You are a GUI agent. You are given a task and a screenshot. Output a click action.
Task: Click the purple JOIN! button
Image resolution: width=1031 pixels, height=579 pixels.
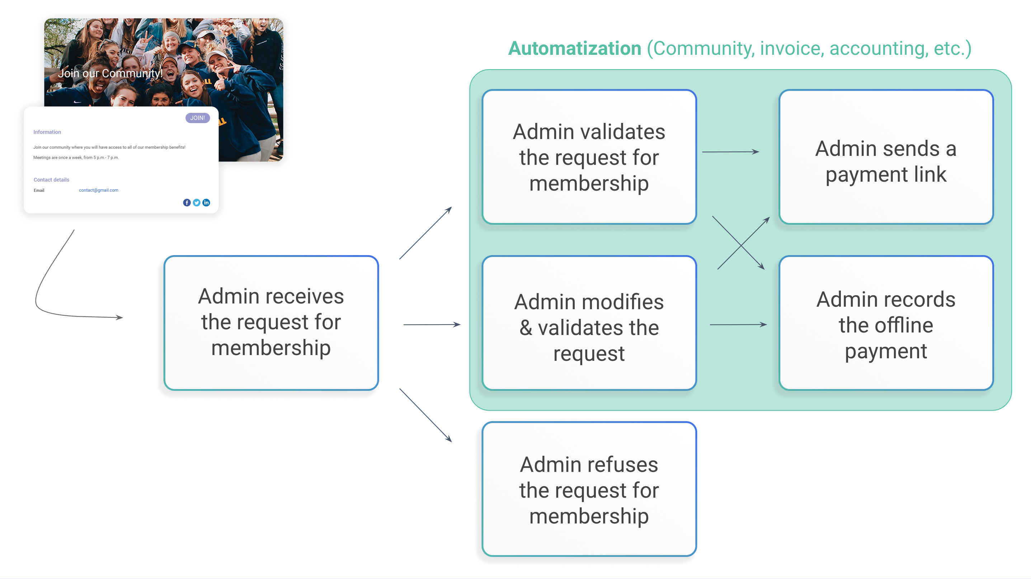tap(197, 118)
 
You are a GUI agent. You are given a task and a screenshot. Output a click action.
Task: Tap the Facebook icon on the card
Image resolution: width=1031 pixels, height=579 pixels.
tap(187, 203)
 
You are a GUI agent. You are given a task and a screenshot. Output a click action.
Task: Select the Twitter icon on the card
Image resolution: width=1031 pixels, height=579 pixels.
tap(197, 203)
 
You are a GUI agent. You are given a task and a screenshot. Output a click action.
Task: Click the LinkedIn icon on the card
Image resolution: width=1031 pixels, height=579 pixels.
tap(206, 203)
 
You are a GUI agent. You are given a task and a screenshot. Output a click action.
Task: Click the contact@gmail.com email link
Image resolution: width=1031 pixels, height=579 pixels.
tap(98, 190)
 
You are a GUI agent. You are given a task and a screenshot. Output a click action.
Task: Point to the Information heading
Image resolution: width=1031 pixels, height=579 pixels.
tap(47, 132)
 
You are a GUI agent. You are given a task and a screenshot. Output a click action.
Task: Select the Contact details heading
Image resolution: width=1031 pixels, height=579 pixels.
tap(51, 180)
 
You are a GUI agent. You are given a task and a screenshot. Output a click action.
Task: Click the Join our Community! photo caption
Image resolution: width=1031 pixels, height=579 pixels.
tap(110, 73)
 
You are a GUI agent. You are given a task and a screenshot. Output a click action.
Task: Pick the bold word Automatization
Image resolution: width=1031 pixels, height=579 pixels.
tap(575, 48)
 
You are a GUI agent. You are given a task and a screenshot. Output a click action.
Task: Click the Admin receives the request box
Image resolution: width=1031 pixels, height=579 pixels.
tap(271, 323)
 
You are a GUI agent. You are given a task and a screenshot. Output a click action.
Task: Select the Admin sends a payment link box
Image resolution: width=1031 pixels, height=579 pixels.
tap(886, 157)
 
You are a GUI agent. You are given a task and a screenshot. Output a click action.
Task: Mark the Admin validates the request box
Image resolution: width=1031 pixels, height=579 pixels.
tap(589, 157)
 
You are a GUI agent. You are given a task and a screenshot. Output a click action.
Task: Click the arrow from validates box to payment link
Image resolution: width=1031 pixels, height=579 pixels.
tap(730, 152)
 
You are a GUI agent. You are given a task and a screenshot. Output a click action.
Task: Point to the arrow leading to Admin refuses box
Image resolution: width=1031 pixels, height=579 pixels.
tap(425, 415)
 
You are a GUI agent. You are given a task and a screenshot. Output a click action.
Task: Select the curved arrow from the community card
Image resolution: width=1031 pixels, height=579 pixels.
tap(44, 280)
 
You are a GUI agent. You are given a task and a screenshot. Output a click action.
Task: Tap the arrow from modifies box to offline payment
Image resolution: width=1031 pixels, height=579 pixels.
tap(738, 325)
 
